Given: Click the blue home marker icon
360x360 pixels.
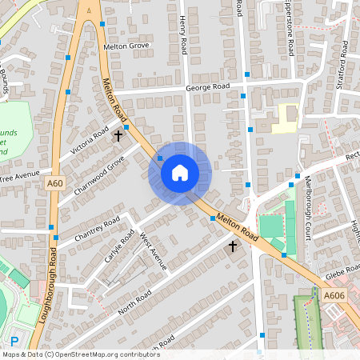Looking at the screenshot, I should (x=180, y=172).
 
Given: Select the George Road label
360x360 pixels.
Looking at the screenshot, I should (x=207, y=86).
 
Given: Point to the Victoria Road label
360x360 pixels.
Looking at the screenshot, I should (x=89, y=141).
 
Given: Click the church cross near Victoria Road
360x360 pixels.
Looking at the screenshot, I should (x=118, y=135).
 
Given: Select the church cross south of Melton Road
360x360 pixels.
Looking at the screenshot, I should (x=234, y=246).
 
